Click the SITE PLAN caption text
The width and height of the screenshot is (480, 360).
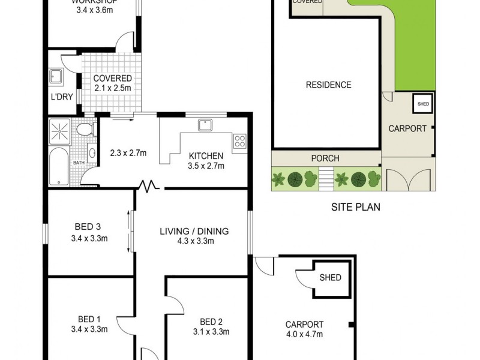tap(356, 208)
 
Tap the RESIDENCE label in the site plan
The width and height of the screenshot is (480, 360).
tap(328, 85)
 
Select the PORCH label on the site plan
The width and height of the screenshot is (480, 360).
tap(325, 158)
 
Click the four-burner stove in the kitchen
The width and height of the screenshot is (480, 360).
tap(240, 142)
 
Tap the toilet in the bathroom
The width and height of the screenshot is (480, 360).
tap(85, 128)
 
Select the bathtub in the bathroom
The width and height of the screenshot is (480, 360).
tap(58, 166)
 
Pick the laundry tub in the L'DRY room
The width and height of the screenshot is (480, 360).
tap(57, 76)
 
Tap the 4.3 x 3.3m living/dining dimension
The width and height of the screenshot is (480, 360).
tap(194, 241)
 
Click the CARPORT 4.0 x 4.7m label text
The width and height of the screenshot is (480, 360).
tap(304, 329)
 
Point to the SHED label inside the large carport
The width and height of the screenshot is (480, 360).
tap(330, 278)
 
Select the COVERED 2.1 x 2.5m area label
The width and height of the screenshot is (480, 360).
tap(112, 83)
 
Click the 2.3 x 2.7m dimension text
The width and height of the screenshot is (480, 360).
tap(128, 153)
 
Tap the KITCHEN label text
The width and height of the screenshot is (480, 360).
tap(206, 154)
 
